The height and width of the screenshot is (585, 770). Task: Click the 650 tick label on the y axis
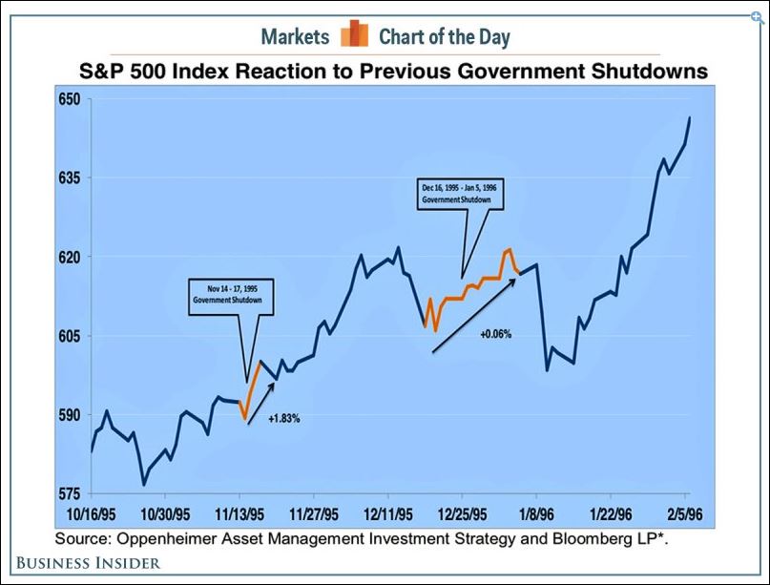click(69, 99)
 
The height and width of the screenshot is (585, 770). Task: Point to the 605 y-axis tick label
click(69, 337)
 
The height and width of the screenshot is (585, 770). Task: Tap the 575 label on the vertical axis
click(69, 494)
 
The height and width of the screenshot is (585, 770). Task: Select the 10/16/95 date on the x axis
click(91, 514)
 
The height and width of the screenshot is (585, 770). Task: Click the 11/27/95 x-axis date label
click(313, 514)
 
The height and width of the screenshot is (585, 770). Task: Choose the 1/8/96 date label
click(537, 514)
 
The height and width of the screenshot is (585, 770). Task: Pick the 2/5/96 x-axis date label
click(685, 514)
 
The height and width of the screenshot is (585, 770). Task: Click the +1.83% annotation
click(283, 419)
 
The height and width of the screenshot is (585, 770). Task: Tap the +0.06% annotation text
click(495, 334)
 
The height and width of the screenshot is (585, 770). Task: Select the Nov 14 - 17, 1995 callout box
click(231, 297)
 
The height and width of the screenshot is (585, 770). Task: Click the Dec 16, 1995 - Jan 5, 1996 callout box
click(460, 194)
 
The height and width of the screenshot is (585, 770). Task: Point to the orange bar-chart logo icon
click(355, 33)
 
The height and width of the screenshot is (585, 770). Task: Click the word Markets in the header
click(295, 37)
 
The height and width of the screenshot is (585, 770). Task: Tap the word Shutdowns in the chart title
click(649, 72)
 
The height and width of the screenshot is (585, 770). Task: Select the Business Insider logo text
click(89, 563)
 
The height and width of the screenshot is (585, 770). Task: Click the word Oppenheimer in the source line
click(167, 539)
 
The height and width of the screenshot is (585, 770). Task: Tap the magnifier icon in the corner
click(759, 19)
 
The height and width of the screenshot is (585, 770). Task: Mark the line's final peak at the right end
click(690, 118)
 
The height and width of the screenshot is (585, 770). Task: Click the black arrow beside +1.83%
click(261, 403)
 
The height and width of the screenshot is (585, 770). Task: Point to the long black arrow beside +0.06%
click(474, 315)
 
